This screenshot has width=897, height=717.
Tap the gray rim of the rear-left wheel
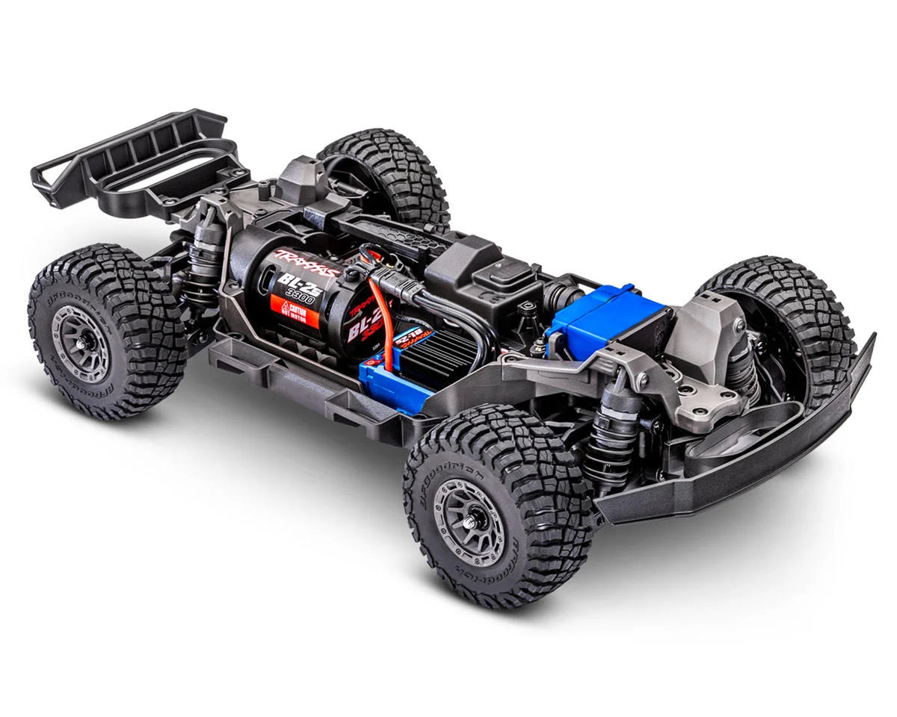click(x=82, y=342)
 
